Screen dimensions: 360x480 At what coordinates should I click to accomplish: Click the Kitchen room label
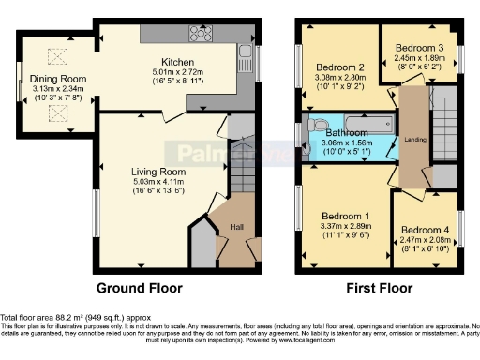click(177, 59)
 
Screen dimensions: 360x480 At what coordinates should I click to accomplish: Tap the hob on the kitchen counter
click(201, 34)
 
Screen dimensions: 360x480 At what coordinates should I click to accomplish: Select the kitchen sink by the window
click(244, 52)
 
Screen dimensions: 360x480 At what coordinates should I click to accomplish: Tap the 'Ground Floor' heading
click(139, 288)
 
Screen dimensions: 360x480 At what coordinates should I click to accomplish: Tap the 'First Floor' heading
click(381, 288)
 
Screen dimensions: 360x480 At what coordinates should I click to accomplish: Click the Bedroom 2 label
click(338, 67)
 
